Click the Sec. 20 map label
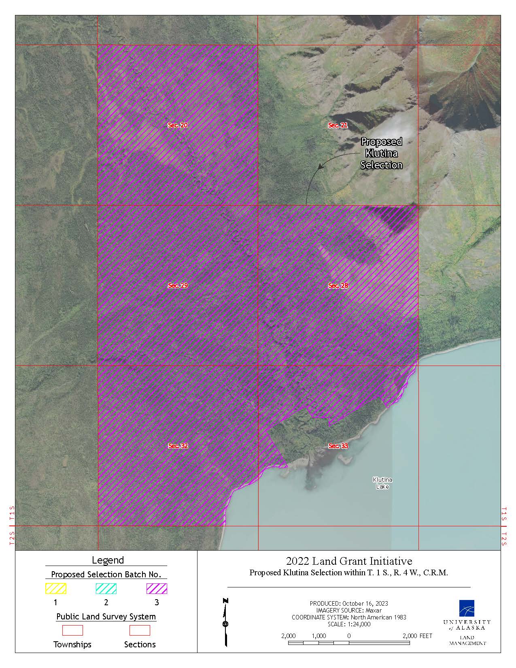178,125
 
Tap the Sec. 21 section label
338,125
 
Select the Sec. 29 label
178,285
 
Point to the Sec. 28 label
338,285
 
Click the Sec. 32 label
178,446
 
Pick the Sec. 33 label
338,446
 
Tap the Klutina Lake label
382,483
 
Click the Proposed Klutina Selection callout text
381,153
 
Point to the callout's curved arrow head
320,166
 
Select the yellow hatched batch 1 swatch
55,588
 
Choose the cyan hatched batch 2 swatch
106,588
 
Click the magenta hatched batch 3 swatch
157,588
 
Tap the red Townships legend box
72,630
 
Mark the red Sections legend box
140,630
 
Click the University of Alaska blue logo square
467,608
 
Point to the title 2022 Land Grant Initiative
349,561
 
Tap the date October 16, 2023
365,603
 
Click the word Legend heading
108,560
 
